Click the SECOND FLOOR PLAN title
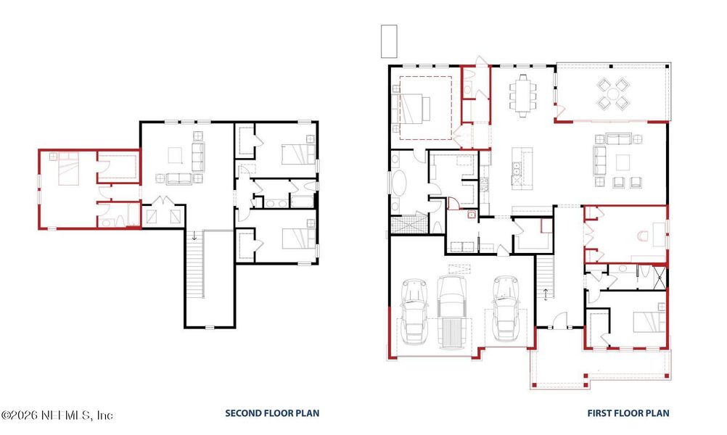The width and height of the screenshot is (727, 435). [x=271, y=413]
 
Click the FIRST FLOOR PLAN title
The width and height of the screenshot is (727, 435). [x=628, y=413]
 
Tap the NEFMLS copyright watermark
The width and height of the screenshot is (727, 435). [x=57, y=415]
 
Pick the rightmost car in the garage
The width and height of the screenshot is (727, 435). [x=504, y=307]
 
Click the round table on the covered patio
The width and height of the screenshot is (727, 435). [x=614, y=93]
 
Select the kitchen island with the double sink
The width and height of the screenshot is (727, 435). [x=522, y=168]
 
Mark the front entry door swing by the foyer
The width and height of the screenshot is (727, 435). [x=557, y=319]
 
